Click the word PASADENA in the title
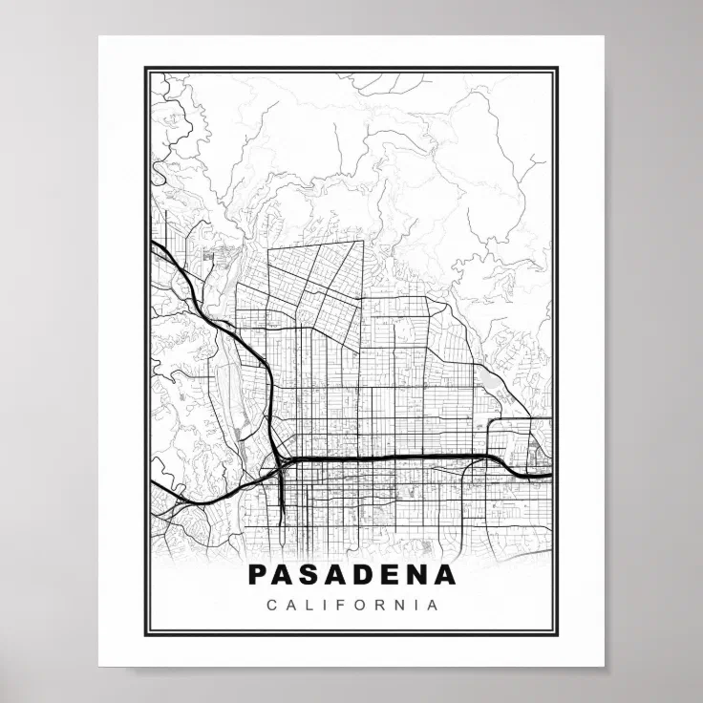point(351,574)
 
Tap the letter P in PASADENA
point(257,574)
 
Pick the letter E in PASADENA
point(392,574)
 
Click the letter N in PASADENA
point(418,574)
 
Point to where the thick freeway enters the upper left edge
point(153,245)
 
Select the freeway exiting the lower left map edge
point(153,486)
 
